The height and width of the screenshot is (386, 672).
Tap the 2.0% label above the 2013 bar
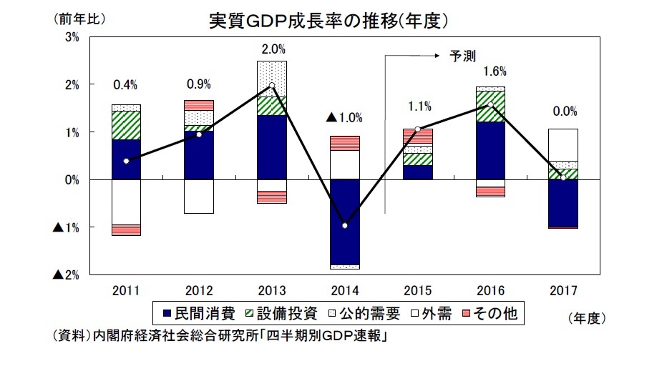coord(273,49)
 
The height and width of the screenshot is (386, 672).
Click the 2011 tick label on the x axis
coord(126,291)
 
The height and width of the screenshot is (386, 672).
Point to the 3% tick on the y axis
coord(72,37)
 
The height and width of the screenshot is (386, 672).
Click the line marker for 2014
coord(345,226)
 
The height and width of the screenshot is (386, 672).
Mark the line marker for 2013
coord(272,86)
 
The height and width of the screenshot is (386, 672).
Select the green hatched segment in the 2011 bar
coord(126,125)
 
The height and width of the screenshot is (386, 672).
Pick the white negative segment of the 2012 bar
coord(199,196)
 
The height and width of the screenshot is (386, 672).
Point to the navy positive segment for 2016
coord(491,150)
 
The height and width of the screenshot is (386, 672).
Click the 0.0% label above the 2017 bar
coord(563,112)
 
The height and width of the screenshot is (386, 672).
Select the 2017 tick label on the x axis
coord(563,291)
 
